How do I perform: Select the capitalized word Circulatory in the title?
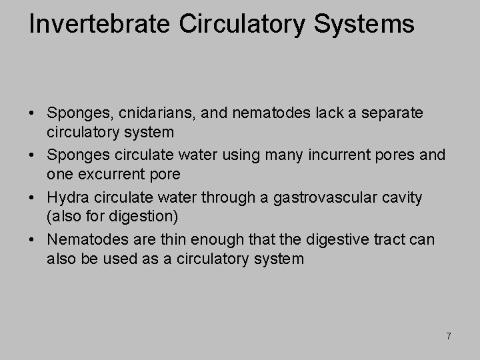click(229, 24)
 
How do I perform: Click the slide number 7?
click(449, 337)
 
